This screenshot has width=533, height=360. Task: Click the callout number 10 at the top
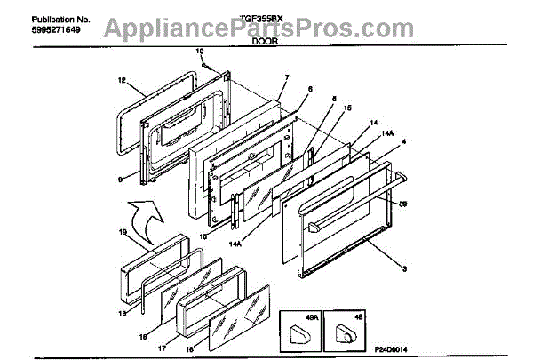200,52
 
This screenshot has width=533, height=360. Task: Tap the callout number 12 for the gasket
121,79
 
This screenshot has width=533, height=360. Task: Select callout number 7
286,78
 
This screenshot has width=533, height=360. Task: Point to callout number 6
310,90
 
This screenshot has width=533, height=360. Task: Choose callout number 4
404,142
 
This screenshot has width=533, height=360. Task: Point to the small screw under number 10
205,63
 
